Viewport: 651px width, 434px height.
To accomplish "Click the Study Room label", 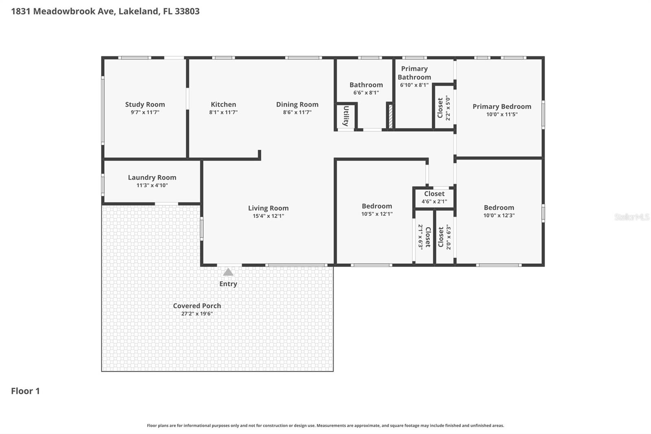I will (x=145, y=105).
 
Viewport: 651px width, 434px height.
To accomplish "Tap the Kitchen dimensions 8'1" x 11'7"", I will (x=223, y=112).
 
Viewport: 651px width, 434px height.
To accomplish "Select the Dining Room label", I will (x=297, y=105).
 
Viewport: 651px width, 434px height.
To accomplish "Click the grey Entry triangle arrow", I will (x=228, y=272).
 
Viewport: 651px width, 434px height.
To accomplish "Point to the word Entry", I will (x=228, y=284).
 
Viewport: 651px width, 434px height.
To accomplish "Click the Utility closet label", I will (x=346, y=116).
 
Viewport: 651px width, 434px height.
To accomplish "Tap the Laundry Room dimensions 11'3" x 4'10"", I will (x=152, y=185).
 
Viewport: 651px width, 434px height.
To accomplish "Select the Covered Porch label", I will (x=197, y=306).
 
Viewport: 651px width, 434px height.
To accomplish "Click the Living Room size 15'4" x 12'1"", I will (x=268, y=216).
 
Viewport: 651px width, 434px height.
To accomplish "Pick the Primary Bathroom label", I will (x=414, y=73).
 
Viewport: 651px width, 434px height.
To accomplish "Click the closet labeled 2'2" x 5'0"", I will (x=443, y=108).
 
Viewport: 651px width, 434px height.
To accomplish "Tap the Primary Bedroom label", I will (x=502, y=107).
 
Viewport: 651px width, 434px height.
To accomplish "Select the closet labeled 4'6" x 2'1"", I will (x=434, y=197).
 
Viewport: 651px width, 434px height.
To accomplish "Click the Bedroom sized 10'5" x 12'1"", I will (x=377, y=210).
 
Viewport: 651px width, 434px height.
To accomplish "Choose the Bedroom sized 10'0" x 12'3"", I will (x=499, y=211).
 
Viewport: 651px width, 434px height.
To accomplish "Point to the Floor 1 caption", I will (x=25, y=391).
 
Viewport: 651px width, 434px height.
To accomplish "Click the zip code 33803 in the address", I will (x=187, y=11).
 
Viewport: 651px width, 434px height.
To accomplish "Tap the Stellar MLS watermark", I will (x=631, y=217).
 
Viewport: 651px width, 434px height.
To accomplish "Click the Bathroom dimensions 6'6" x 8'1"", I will (x=366, y=93).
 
